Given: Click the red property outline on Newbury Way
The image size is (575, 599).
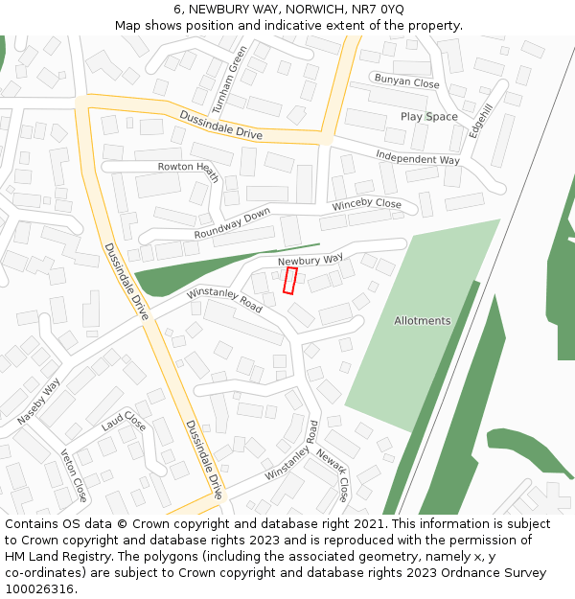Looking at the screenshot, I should [x=289, y=281].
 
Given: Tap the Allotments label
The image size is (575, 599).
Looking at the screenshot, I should [x=422, y=321].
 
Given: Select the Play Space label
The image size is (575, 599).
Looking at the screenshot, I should [x=428, y=117].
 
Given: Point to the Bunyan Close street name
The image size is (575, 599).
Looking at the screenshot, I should [x=406, y=82].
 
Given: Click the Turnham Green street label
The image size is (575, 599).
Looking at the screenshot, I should [x=229, y=76].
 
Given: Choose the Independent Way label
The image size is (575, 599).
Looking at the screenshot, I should [x=417, y=158].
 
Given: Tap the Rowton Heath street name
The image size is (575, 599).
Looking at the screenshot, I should [x=190, y=172].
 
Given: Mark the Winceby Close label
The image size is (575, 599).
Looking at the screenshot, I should [x=366, y=204].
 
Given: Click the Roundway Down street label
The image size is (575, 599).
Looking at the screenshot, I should [x=232, y=223].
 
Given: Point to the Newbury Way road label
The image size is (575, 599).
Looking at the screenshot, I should [x=310, y=260].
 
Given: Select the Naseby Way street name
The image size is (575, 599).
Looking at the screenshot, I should [x=38, y=402].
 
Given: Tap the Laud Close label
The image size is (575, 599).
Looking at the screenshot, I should [x=124, y=421].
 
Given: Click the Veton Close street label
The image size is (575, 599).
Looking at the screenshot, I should [x=74, y=475].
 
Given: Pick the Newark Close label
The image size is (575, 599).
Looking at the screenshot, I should [x=333, y=475].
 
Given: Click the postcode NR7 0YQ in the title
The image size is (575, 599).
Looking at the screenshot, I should [x=378, y=10].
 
